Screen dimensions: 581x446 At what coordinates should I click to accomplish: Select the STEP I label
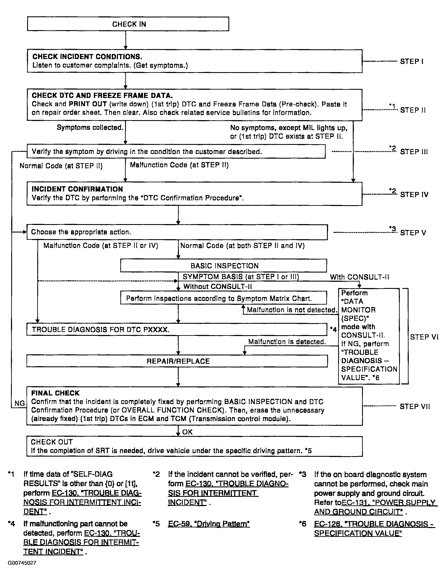click(x=412, y=62)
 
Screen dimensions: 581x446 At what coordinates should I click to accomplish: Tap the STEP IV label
click(x=414, y=195)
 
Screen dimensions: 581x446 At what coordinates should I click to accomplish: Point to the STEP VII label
click(x=415, y=407)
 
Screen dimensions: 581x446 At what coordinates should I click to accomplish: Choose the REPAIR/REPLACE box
click(x=177, y=361)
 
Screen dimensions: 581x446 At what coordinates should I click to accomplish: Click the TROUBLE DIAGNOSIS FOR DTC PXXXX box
click(x=177, y=330)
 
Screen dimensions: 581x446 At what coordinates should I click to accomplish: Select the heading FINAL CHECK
click(x=55, y=393)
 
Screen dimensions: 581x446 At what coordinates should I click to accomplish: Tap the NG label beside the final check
click(x=20, y=403)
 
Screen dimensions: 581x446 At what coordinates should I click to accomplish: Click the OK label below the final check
click(x=187, y=432)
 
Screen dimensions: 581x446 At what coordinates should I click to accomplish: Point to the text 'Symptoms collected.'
click(x=90, y=128)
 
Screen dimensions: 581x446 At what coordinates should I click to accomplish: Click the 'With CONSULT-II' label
click(x=359, y=277)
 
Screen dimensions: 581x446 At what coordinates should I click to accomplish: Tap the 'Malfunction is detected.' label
click(x=287, y=342)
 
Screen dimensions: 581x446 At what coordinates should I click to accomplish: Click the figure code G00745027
click(x=22, y=563)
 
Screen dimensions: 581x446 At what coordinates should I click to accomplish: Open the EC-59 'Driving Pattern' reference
click(x=209, y=524)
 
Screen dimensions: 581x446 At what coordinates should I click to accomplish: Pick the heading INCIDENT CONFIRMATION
click(x=77, y=189)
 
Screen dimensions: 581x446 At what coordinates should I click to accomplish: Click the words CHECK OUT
click(x=52, y=442)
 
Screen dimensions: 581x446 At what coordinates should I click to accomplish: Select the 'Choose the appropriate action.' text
click(x=81, y=232)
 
